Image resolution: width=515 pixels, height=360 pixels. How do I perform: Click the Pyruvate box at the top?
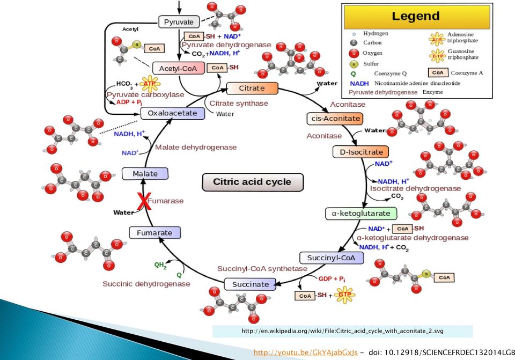pos(179,22)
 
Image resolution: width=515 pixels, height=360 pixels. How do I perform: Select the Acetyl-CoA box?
pos(178,68)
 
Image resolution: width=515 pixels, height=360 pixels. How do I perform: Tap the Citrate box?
pos(252,88)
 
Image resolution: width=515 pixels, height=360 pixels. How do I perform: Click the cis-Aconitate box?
pos(335,119)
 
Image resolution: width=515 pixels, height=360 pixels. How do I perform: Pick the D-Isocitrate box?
pos(361,152)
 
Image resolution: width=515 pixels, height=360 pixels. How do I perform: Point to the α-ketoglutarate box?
pos(361,214)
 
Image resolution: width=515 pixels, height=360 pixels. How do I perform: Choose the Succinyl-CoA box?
pos(332,258)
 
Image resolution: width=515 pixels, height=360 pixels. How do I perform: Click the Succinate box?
pos(251,284)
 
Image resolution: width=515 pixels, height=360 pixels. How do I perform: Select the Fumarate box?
pos(154,232)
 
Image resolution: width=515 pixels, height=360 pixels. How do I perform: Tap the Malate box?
pos(145,173)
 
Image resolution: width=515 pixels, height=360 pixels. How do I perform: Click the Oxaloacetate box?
pos(173,113)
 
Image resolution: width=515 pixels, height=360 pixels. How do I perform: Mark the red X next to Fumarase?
pos(144,201)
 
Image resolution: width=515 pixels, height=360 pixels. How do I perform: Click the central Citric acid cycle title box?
pos(252,182)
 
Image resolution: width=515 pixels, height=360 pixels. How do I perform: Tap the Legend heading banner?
pos(416,17)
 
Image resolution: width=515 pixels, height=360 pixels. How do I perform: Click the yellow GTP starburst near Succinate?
pos(344,295)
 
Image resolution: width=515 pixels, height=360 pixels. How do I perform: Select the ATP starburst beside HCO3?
pos(150,84)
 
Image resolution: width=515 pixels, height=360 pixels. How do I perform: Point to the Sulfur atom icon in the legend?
pos(354,64)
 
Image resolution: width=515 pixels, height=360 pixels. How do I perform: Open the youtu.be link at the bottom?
pos(305,352)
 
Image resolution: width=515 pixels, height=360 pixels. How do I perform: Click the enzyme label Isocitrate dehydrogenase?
pos(415,188)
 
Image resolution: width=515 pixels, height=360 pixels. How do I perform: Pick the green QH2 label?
pos(160,265)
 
